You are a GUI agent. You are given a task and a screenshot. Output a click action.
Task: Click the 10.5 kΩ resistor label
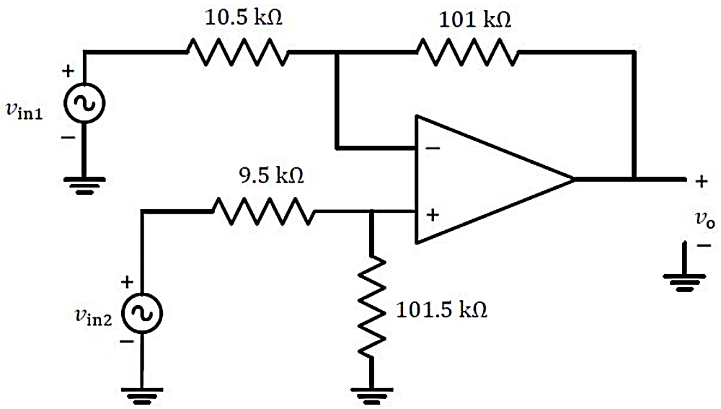pos(244,18)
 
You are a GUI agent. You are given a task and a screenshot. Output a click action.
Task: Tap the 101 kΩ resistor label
pos(475,19)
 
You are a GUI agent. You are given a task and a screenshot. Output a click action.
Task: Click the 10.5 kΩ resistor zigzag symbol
pos(236,51)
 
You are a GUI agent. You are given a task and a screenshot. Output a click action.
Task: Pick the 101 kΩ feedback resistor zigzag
pos(468,51)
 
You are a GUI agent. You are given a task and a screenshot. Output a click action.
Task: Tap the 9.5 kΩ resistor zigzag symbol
pos(262,211)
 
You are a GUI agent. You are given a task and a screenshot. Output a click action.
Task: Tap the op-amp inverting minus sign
pos(433,149)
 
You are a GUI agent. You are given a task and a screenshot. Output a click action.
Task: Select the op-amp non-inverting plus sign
pos(433,214)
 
